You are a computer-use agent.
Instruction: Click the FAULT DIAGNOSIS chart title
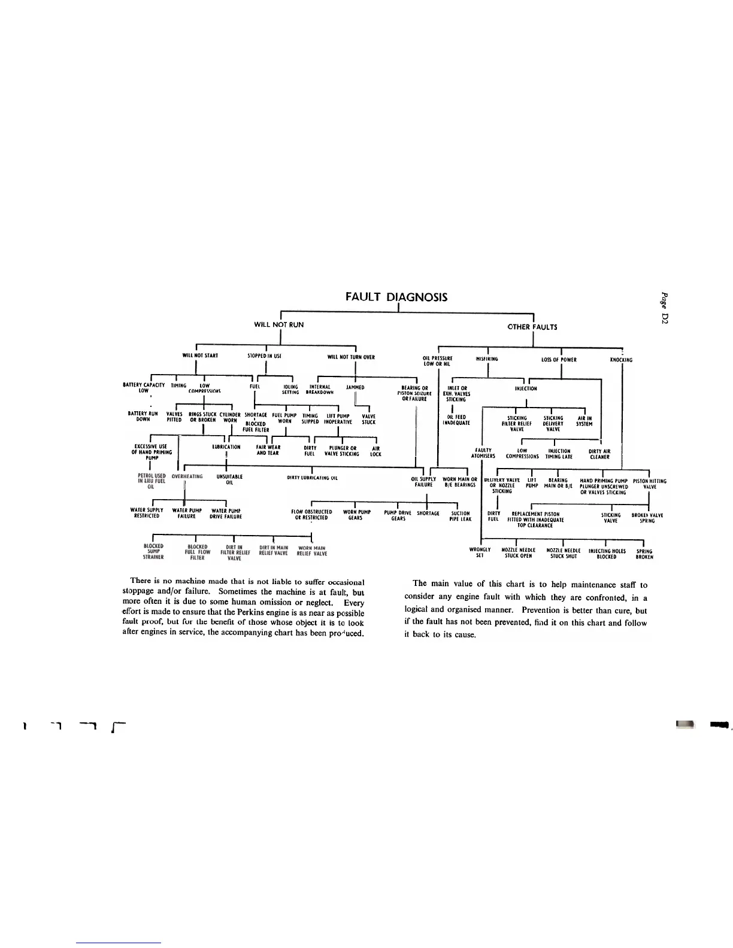pos(396,297)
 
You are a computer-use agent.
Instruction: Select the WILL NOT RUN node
pos(279,324)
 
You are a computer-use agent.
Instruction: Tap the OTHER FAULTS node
pos(532,327)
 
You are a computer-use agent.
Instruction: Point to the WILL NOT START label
pos(200,355)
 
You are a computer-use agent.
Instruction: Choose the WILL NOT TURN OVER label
pos(351,357)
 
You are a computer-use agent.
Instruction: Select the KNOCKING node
pos(621,360)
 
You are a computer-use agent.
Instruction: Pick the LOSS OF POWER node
pos(559,360)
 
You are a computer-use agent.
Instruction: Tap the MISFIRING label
pos(487,359)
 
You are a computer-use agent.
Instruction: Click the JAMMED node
pos(355,387)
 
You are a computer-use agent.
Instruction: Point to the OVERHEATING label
pos(187,476)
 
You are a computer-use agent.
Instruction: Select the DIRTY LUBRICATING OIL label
pos(313,478)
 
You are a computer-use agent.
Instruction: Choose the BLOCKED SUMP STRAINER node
pos(155,551)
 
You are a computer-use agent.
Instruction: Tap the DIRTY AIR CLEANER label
pos(599,454)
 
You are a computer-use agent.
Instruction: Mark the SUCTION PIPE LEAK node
pos(461,516)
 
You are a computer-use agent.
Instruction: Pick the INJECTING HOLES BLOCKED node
pos(607,554)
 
